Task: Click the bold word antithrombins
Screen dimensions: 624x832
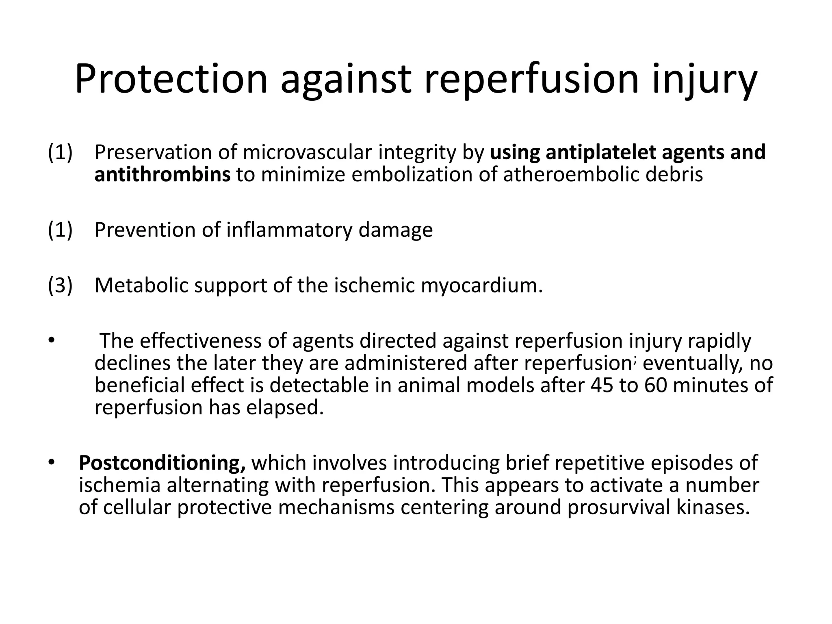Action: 162,175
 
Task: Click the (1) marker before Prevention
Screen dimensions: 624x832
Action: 60,230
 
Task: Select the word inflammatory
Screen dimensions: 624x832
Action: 289,230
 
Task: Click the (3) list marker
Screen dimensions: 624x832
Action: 60,285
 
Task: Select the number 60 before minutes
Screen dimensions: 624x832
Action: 655,385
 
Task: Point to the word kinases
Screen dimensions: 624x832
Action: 713,507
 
